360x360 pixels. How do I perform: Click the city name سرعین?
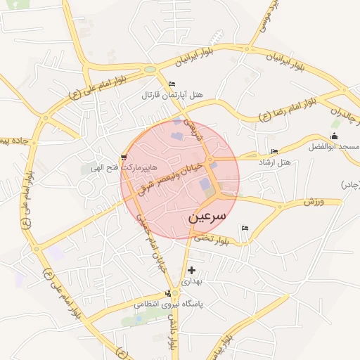click(208, 217)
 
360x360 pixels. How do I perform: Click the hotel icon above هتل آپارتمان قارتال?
click(172, 85)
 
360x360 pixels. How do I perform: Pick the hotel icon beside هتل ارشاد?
click(274, 152)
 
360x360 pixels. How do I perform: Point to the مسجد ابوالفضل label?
click(333, 147)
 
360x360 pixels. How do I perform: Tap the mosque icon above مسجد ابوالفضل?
click(334, 136)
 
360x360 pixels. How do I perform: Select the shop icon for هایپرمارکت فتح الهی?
click(124, 157)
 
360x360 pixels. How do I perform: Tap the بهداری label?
click(192, 281)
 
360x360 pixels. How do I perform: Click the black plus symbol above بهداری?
click(191, 270)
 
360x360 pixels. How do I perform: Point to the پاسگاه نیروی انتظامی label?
click(168, 304)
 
